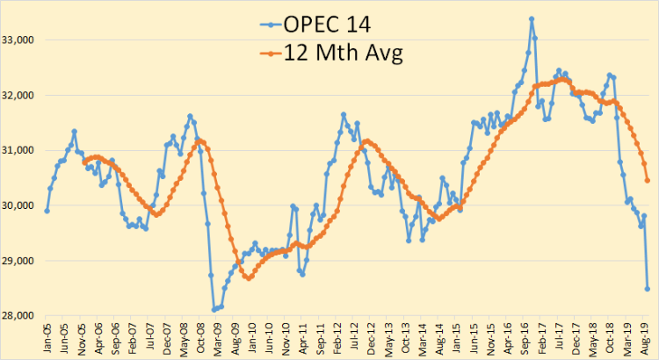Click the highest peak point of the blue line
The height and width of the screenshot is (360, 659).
coord(532,18)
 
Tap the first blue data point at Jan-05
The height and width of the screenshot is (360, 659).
coord(47,211)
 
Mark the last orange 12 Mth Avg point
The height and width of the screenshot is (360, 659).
coord(648,181)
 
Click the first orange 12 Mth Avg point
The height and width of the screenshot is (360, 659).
coord(84,161)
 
